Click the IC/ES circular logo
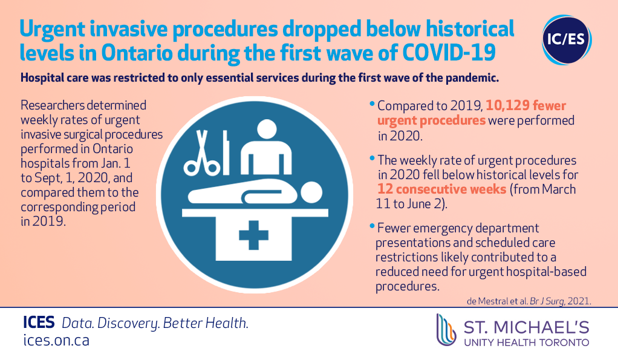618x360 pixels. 567,40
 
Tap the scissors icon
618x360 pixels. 202,153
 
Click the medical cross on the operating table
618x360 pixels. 254,235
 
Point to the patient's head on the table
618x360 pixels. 311,192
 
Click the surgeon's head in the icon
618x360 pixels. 267,129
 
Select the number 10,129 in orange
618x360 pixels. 507,106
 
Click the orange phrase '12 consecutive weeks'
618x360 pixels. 442,189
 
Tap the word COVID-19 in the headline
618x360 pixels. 449,53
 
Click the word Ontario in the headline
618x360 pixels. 137,53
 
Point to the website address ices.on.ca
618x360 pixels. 56,340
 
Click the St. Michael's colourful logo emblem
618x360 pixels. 446,330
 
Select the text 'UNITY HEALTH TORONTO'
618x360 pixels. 527,342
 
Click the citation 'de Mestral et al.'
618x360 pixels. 498,301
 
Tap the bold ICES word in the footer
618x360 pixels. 39,322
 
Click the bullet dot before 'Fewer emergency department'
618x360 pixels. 372,226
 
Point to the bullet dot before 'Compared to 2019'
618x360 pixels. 372,103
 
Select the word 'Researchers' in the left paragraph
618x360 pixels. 53,105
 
